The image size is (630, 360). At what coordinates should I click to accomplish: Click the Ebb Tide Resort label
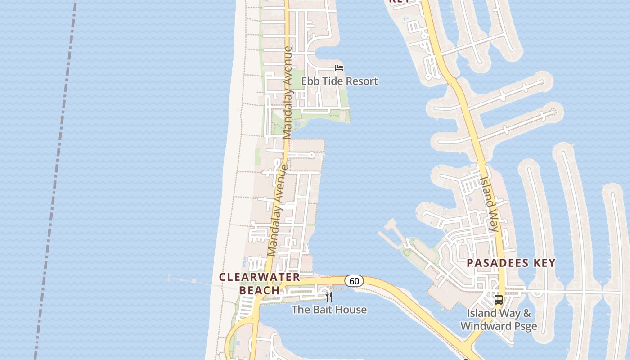(339, 81)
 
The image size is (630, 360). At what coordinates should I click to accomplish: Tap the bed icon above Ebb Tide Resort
(339, 68)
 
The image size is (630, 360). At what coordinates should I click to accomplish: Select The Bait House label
(329, 310)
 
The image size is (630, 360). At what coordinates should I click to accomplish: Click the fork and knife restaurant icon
(329, 296)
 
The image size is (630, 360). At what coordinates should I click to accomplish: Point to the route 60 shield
(354, 281)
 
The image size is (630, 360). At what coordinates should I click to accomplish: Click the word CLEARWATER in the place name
(259, 277)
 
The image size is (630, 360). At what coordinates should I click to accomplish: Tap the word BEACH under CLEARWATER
(259, 291)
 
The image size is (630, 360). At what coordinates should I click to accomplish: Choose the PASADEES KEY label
(511, 263)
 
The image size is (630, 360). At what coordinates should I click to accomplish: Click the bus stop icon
(499, 300)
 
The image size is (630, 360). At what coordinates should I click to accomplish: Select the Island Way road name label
(490, 204)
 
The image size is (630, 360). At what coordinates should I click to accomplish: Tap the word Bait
(318, 310)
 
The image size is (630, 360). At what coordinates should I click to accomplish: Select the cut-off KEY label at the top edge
(399, 1)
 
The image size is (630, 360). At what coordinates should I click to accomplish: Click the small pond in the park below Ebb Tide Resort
(297, 123)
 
